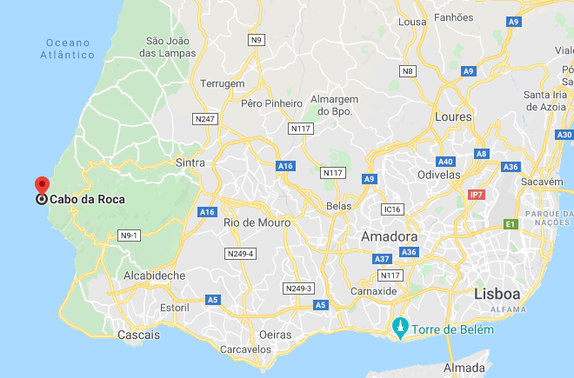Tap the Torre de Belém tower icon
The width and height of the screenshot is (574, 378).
pyautogui.click(x=399, y=328)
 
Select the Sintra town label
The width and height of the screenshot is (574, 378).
pyautogui.click(x=190, y=162)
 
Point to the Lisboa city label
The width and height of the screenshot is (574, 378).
pyautogui.click(x=497, y=295)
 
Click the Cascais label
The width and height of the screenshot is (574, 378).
pyautogui.click(x=139, y=335)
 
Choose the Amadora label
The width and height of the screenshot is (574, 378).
pyautogui.click(x=390, y=236)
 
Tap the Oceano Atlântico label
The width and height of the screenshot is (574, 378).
pyautogui.click(x=67, y=49)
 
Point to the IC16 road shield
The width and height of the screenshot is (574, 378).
pyautogui.click(x=393, y=209)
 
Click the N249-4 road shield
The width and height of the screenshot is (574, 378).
pyautogui.click(x=239, y=254)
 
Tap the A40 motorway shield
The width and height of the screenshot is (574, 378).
pyautogui.click(x=446, y=162)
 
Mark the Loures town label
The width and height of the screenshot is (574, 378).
pyautogui.click(x=453, y=116)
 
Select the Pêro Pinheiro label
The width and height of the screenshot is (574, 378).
pyautogui.click(x=271, y=103)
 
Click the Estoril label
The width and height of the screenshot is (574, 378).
pyautogui.click(x=175, y=308)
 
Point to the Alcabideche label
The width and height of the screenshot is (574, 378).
pyautogui.click(x=154, y=275)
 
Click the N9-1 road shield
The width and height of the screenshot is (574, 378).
pyautogui.click(x=129, y=235)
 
